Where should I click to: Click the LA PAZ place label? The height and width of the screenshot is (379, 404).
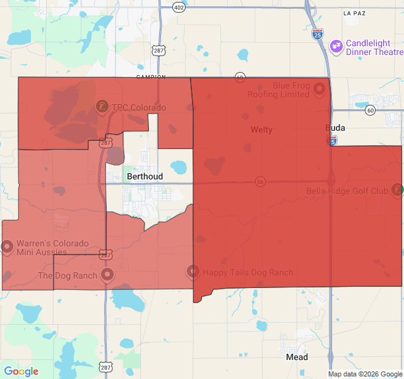tap(355, 13)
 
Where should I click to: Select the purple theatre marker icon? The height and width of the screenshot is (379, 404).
tap(336, 45)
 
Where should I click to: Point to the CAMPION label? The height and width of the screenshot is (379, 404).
tap(150, 77)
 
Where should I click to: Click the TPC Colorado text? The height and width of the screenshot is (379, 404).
tap(139, 107)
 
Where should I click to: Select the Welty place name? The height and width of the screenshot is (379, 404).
tap(261, 129)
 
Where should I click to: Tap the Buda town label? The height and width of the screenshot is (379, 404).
tap(335, 128)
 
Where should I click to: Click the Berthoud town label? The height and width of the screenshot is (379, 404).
tap(145, 176)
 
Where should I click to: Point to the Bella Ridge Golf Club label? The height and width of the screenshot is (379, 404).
tap(347, 191)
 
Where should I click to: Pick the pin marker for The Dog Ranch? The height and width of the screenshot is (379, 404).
tap(107, 275)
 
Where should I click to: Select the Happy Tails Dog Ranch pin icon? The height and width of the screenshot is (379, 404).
tap(193, 272)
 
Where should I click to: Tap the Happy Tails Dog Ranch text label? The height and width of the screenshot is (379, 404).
tap(248, 273)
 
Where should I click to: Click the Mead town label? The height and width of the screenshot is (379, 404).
tap(297, 357)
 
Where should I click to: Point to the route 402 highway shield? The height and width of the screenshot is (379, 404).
tap(179, 7)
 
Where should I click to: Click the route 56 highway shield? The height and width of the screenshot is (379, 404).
tap(260, 181)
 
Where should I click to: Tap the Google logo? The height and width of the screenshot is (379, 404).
tap(21, 371)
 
